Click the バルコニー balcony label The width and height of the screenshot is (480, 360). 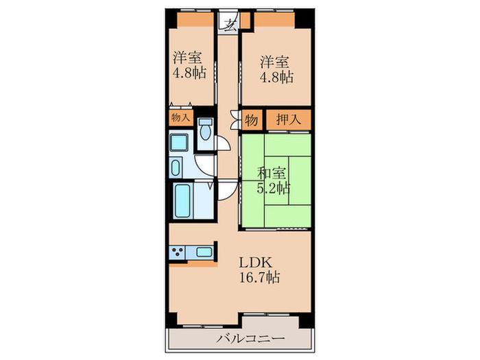[251, 338]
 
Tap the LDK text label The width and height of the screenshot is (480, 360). [255, 263]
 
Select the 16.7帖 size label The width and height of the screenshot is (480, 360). [259, 277]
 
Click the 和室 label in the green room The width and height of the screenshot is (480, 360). [272, 173]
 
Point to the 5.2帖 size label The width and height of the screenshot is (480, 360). [274, 188]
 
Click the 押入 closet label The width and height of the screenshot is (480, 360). [289, 119]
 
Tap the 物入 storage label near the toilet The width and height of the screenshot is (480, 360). [181, 117]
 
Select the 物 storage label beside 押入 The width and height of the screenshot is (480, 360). [252, 120]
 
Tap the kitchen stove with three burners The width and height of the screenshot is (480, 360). [178, 252]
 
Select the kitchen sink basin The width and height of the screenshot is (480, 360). [204, 252]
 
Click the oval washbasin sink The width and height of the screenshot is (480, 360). [175, 168]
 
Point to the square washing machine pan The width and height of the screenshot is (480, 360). [179, 143]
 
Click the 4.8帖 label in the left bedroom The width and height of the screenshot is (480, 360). [189, 73]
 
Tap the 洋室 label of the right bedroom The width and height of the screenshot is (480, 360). [274, 62]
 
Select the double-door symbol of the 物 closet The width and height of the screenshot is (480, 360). [235, 120]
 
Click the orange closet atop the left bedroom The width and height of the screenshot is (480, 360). [195, 19]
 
